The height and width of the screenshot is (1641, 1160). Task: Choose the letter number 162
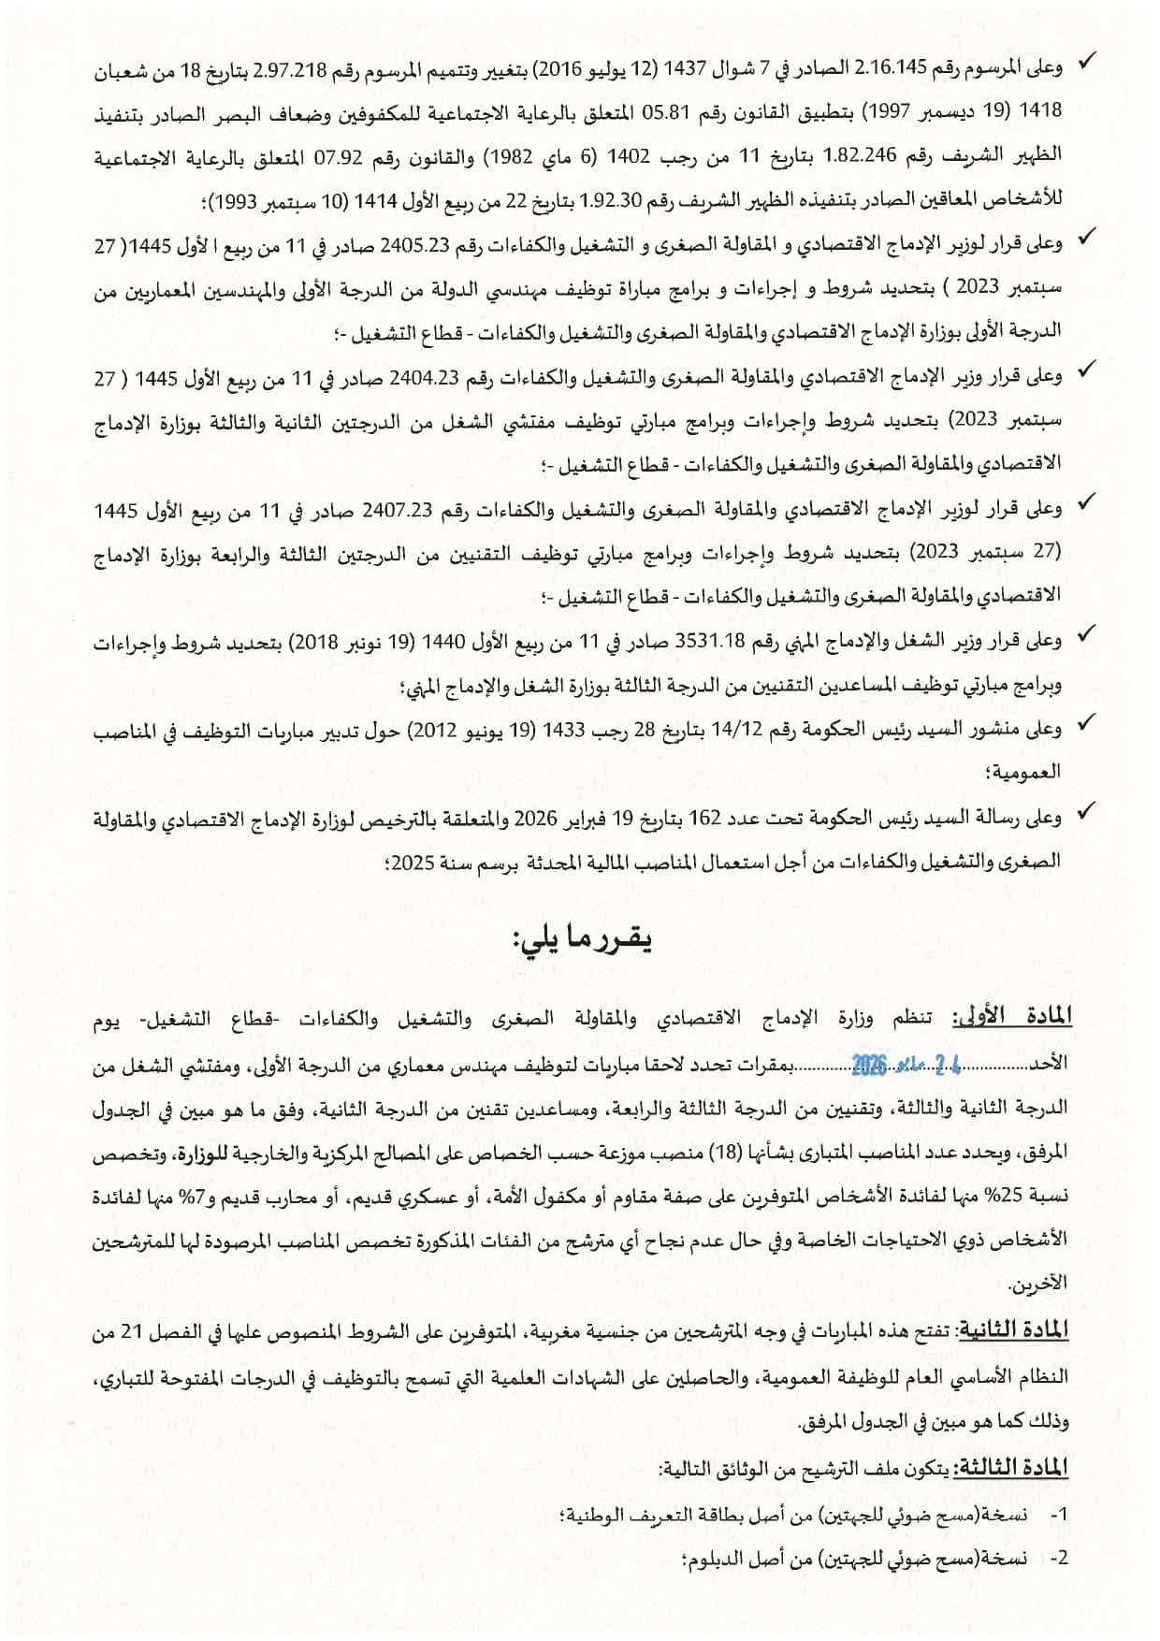pyautogui.click(x=703, y=819)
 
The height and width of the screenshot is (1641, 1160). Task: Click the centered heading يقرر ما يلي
pyautogui.click(x=581, y=938)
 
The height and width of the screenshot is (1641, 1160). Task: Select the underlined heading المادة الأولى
pyautogui.click(x=1011, y=1018)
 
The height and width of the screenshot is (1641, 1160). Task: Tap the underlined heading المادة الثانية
pyautogui.click(x=1014, y=1331)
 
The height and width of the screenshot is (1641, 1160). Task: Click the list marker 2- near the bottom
pyautogui.click(x=1058, y=1558)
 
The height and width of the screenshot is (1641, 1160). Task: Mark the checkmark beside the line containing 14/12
pyautogui.click(x=1086, y=723)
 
